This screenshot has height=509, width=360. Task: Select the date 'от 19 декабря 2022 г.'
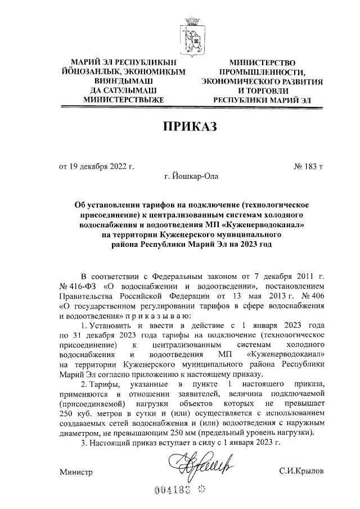pos(97,166)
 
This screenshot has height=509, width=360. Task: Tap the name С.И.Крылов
pos(301,470)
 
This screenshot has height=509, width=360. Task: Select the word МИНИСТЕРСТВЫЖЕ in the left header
pos(123,100)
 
